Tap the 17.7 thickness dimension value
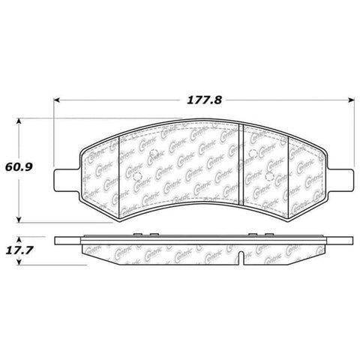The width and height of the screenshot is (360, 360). tap(28, 250)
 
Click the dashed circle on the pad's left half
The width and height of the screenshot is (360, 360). tap(154, 159)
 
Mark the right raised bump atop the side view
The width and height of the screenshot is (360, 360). tap(255, 235)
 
